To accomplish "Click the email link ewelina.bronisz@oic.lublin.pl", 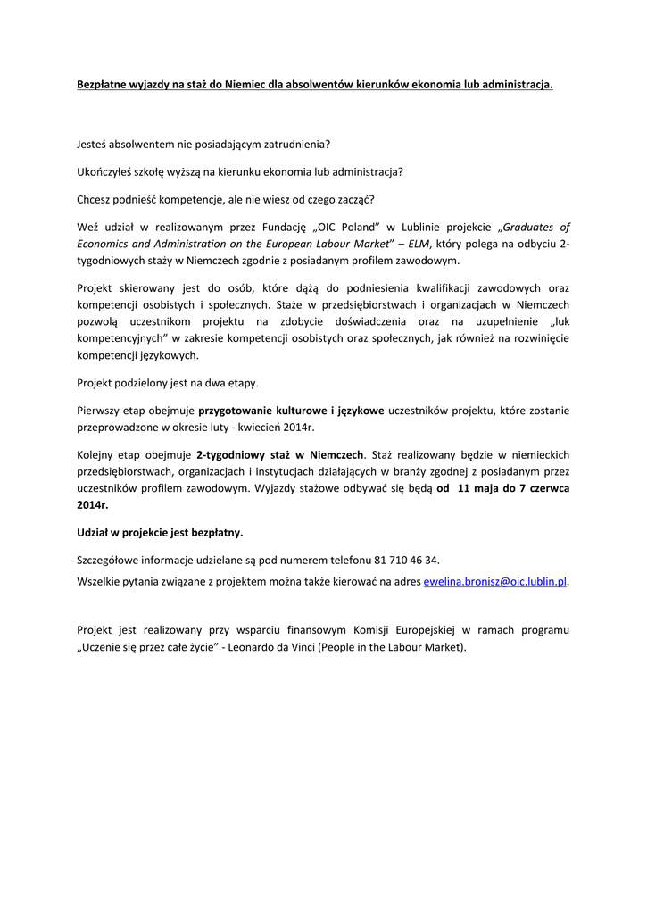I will click(495, 581).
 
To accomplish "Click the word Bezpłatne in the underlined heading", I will click(104, 85).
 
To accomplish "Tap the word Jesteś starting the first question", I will click(95, 143).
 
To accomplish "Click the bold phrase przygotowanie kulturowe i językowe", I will click(291, 411).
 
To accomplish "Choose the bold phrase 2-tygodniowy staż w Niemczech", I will click(279, 454).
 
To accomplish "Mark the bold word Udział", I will click(95, 532).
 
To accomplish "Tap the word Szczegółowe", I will click(112, 560).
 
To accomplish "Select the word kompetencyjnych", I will click(119, 338).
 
